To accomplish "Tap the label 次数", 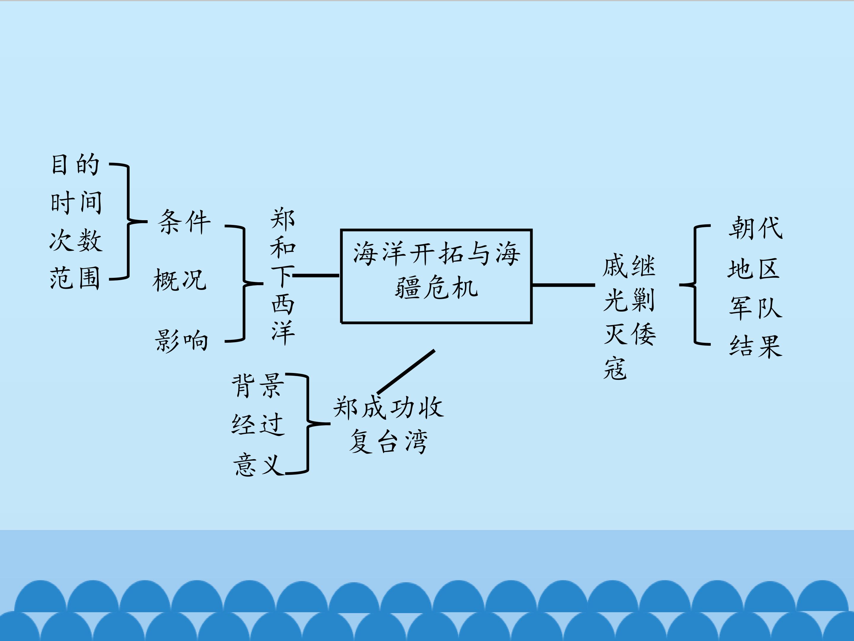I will pyautogui.click(x=76, y=240).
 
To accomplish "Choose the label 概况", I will pyautogui.click(x=179, y=280).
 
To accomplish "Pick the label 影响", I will pyautogui.click(x=181, y=340).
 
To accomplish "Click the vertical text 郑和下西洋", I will pyautogui.click(x=283, y=276).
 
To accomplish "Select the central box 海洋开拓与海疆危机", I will pyautogui.click(x=436, y=276).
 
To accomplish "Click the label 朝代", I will pyautogui.click(x=755, y=228).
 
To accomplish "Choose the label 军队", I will pyautogui.click(x=755, y=308).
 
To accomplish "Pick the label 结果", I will pyautogui.click(x=755, y=346).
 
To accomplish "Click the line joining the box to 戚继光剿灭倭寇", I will pyautogui.click(x=563, y=285).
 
